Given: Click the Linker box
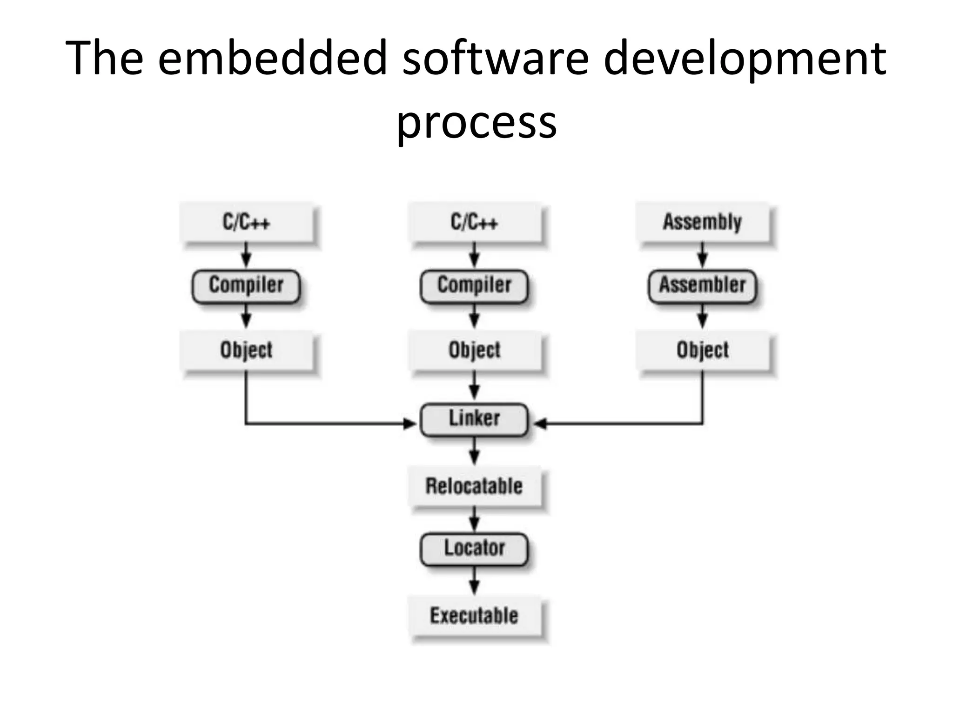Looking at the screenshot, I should coord(474,420).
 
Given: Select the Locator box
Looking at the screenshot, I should coord(474,549).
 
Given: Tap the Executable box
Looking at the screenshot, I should coord(475,616).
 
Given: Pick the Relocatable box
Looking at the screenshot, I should coord(475,487).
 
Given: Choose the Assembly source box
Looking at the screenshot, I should coord(702,222).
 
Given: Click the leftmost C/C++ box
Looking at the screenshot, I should coord(247,222).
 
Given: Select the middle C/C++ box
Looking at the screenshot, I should coord(475,222).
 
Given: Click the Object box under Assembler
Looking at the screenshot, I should coord(702,350).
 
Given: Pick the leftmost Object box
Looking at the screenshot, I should coord(247,350).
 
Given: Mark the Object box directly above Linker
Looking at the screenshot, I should coord(475,350).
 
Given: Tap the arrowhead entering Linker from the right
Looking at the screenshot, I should coord(540,423).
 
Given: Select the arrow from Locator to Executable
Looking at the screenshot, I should coord(474,581).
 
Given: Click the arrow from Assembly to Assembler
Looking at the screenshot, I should coord(702,255).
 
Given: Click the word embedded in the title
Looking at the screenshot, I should coord(272,58).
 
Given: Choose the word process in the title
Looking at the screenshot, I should coord(476,122).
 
